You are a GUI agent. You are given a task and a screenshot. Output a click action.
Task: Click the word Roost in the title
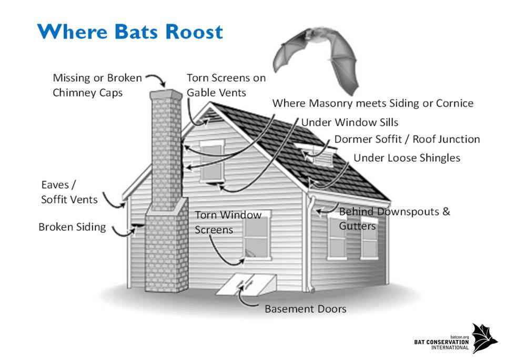[x=194, y=32]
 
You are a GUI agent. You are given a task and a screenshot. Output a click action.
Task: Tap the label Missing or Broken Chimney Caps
[x=97, y=85]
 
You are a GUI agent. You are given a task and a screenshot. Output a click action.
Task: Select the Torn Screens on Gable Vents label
[x=226, y=85]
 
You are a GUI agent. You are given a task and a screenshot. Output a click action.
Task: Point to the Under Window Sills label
[x=350, y=122]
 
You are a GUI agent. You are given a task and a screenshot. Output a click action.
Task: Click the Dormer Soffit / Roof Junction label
[x=407, y=139]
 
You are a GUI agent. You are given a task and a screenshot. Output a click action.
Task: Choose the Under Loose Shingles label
[x=407, y=158]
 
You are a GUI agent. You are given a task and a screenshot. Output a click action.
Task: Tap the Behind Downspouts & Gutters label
[x=395, y=219]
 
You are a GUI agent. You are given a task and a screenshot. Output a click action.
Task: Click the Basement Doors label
[x=305, y=309]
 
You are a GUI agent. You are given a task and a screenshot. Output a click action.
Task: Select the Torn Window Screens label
[x=228, y=222]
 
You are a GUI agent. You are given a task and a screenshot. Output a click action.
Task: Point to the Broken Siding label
[x=72, y=227]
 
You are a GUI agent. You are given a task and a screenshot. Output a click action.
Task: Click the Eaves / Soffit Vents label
[x=69, y=192]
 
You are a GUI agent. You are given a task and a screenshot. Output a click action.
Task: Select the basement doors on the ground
[x=246, y=284]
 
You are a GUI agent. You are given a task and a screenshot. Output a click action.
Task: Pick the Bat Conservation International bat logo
[x=484, y=338]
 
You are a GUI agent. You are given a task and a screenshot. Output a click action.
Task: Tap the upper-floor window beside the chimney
[x=212, y=161]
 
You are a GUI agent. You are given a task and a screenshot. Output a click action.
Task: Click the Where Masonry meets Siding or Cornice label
[x=373, y=104]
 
